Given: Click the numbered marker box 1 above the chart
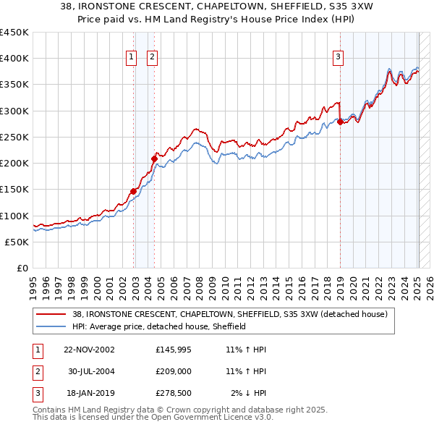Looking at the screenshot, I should point(131,58).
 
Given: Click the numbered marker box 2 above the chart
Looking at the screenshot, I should point(153,58).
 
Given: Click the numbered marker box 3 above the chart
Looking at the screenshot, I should point(338,58).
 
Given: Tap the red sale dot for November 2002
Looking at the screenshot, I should point(134,191).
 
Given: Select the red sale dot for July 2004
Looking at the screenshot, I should point(155,158).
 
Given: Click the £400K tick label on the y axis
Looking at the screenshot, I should point(14,59).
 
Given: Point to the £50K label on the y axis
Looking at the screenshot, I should point(17,242).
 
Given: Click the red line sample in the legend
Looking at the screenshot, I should point(51,314).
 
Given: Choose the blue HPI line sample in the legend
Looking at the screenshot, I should point(51,326).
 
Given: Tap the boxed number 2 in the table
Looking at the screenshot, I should point(37,371).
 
